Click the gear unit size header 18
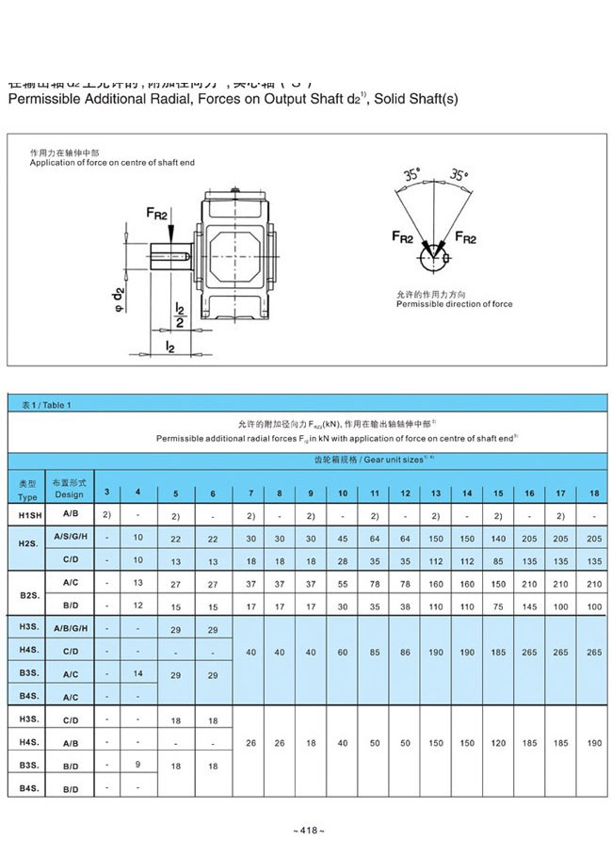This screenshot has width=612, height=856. pyautogui.click(x=593, y=493)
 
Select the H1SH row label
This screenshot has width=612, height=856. pyautogui.click(x=27, y=516)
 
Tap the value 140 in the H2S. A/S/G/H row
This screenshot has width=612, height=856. pyautogui.click(x=498, y=538)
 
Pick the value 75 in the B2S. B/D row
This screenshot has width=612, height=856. pyautogui.click(x=498, y=606)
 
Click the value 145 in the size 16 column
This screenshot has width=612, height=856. pyautogui.click(x=530, y=606)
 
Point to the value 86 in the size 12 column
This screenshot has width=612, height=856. pyautogui.click(x=405, y=652)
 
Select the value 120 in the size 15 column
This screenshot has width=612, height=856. pyautogui.click(x=498, y=743)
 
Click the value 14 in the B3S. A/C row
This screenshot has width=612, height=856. pyautogui.click(x=138, y=673)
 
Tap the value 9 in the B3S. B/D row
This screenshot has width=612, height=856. pyautogui.click(x=138, y=765)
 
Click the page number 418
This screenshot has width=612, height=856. pyautogui.click(x=308, y=831)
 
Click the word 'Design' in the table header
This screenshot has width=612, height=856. pyautogui.click(x=69, y=494)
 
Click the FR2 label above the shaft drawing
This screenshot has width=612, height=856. pyautogui.click(x=156, y=216)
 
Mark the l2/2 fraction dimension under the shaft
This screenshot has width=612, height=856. pyautogui.click(x=179, y=315)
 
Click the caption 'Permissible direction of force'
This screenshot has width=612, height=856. pyautogui.click(x=454, y=304)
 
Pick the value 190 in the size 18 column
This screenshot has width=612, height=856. pyautogui.click(x=593, y=743)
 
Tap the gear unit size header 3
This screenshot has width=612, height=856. pyautogui.click(x=106, y=493)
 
